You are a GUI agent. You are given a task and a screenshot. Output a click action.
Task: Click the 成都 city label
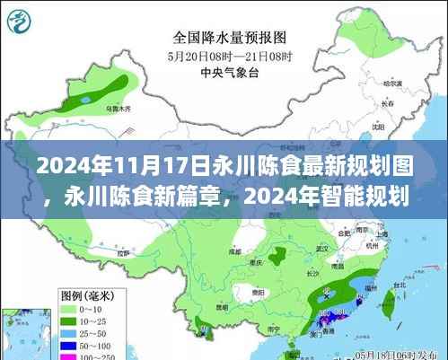pyautogui.click(x=235, y=252)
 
